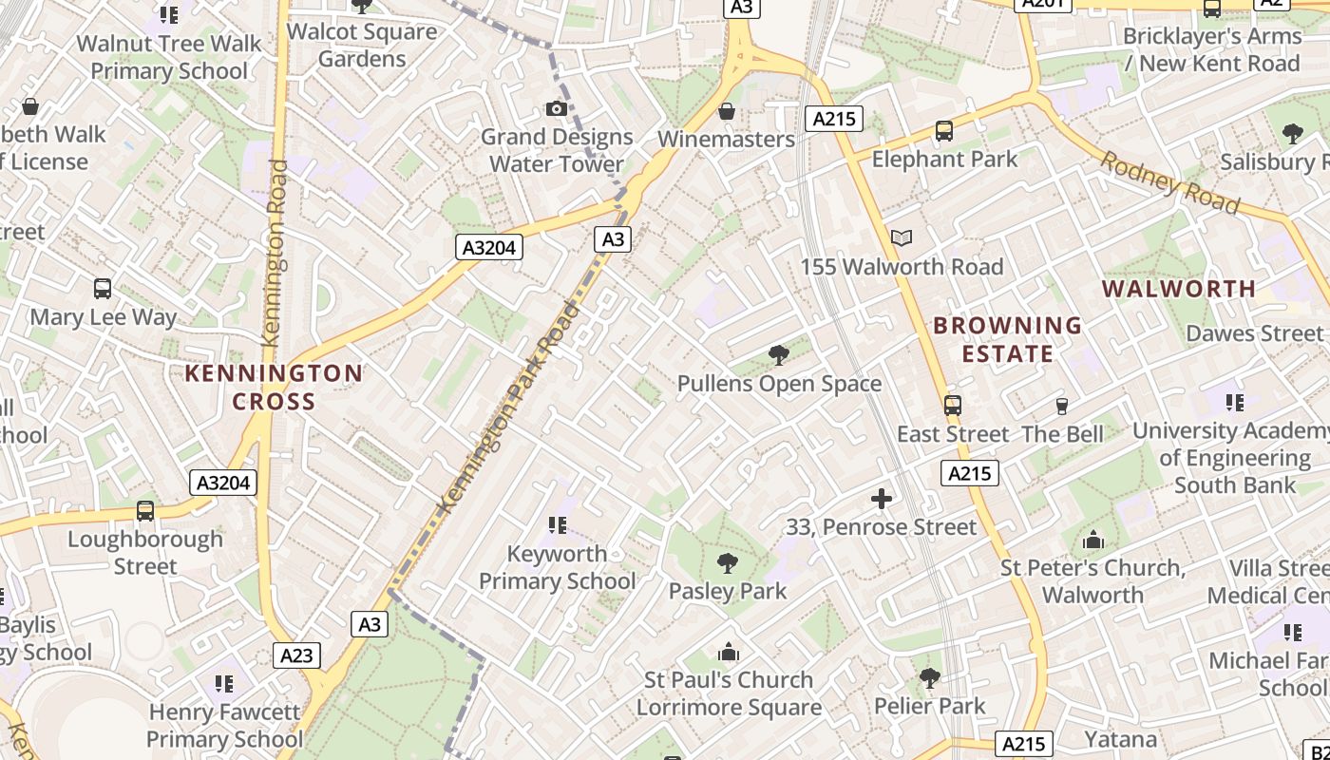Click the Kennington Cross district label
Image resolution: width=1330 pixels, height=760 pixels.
[274, 387]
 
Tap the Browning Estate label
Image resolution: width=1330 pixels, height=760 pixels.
[1007, 339]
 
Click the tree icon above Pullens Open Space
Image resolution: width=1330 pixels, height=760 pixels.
[779, 356]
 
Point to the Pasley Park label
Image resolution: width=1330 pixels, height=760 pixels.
[728, 591]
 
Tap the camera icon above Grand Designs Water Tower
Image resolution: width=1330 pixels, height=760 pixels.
[557, 109]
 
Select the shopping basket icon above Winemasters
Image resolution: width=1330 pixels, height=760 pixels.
[727, 112]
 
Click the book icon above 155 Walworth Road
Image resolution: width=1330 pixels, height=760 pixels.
[902, 238]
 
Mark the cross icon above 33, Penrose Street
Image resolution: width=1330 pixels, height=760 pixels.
[882, 498]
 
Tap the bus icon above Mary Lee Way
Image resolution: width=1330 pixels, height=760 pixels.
[103, 289]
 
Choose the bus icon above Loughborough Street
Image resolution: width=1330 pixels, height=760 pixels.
[145, 511]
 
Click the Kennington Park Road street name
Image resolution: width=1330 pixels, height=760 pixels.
[508, 409]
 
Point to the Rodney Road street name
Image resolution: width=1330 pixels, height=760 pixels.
[1169, 182]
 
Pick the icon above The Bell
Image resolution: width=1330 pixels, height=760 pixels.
[1062, 407]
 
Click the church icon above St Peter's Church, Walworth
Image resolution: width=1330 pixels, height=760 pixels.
[1093, 541]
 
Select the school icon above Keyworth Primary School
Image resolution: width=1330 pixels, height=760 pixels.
[557, 525]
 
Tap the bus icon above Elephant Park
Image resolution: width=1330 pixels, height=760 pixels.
[944, 131]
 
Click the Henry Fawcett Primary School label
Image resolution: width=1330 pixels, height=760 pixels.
[224, 725]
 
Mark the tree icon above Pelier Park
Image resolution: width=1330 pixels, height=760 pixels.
[930, 678]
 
